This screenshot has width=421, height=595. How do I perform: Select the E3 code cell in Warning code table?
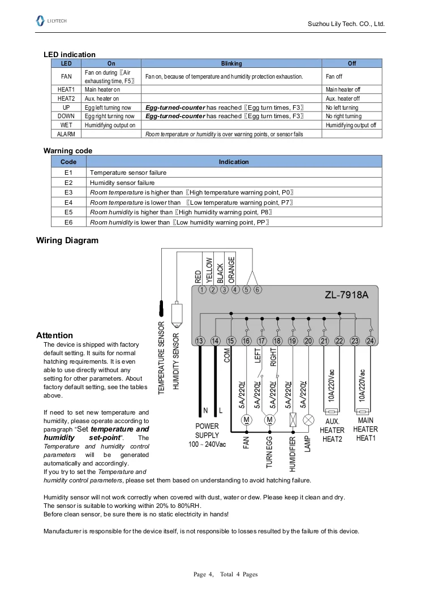pos(68,192)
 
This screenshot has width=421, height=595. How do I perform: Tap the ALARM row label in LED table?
pos(66,134)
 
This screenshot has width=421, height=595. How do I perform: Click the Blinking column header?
pos(231,63)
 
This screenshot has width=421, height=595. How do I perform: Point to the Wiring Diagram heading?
pos(67,240)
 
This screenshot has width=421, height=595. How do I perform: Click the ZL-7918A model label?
pos(347,295)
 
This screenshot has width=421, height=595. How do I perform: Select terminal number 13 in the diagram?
pos(200,340)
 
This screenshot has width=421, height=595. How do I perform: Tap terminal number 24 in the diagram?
pos(370,340)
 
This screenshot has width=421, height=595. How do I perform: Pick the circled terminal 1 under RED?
pos(203,290)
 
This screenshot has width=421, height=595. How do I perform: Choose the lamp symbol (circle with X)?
pos(308,420)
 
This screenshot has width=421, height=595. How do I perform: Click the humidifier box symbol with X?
pos(293,420)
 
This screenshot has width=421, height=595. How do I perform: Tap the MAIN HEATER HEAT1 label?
pos(366,429)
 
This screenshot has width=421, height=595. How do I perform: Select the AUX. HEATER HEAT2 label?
pos(332,430)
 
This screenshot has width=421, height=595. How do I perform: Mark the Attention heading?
pos(54,335)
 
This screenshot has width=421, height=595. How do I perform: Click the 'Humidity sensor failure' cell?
pos(122,183)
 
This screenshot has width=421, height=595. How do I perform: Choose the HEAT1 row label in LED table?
pos(66,89)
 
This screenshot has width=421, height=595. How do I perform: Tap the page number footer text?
pos(225,575)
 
